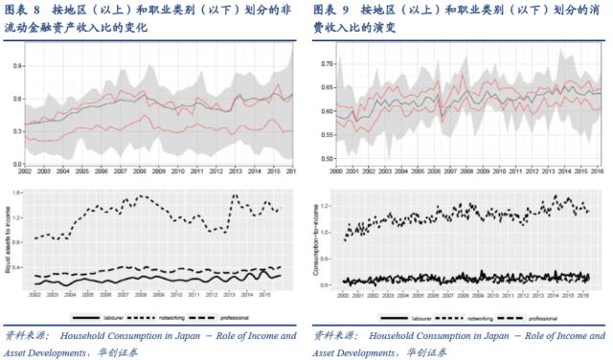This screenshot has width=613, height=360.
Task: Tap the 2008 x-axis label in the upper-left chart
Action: click(x=142, y=170)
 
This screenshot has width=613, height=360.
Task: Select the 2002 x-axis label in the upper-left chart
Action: click(x=26, y=170)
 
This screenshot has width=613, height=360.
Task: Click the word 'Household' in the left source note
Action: click(x=82, y=336)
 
